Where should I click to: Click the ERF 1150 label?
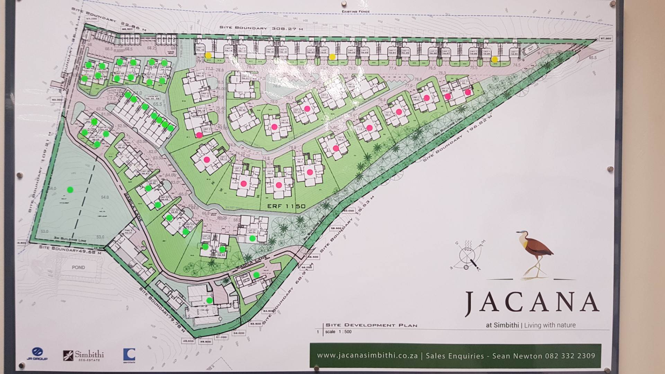(286, 206)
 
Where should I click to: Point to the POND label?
(78, 267)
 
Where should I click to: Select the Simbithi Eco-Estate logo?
(83, 355)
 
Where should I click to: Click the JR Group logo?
(37, 354)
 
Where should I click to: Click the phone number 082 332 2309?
(570, 356)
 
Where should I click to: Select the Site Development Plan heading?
(371, 325)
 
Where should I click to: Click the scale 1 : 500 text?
(338, 332)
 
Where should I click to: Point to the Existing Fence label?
(356, 11)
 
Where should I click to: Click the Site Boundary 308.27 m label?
(261, 28)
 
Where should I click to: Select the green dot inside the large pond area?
(70, 189)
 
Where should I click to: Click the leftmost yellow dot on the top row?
(208, 55)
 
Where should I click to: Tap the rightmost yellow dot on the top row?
(495, 60)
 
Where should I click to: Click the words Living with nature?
(550, 325)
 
